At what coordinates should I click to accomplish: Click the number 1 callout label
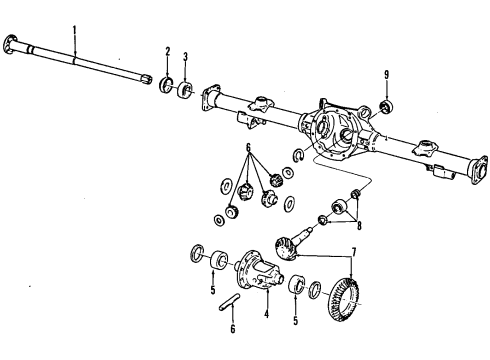(74, 32)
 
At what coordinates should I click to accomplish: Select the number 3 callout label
(184, 59)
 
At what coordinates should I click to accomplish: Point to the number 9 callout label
(386, 74)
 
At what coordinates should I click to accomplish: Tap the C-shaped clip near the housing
(299, 155)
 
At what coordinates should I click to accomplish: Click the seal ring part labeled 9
(387, 107)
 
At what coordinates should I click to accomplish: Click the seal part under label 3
(186, 92)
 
